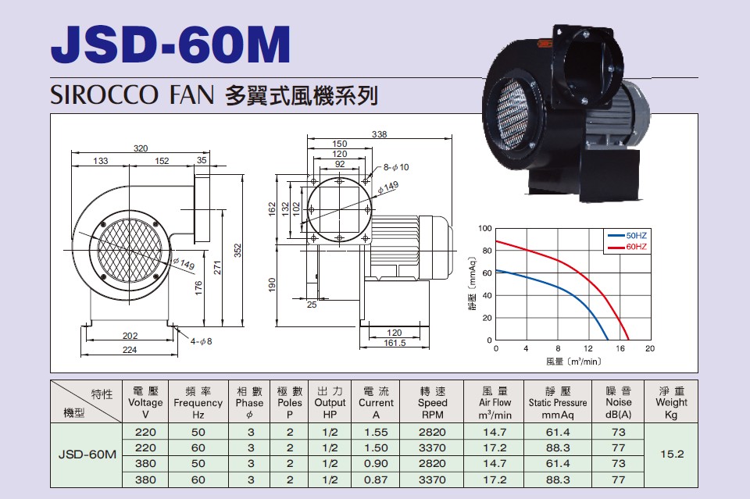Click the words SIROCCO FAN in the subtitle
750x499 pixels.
[x=132, y=94]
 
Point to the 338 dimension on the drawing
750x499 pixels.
[x=380, y=134]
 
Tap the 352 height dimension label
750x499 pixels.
[x=237, y=251]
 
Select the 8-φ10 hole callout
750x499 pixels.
[x=396, y=167]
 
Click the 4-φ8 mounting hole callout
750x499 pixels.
[x=201, y=341]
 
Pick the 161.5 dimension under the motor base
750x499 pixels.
[x=395, y=343]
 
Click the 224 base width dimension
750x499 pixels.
[x=130, y=350]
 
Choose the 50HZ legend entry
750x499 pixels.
[x=627, y=236]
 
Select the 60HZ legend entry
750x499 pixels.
[x=627, y=247]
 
